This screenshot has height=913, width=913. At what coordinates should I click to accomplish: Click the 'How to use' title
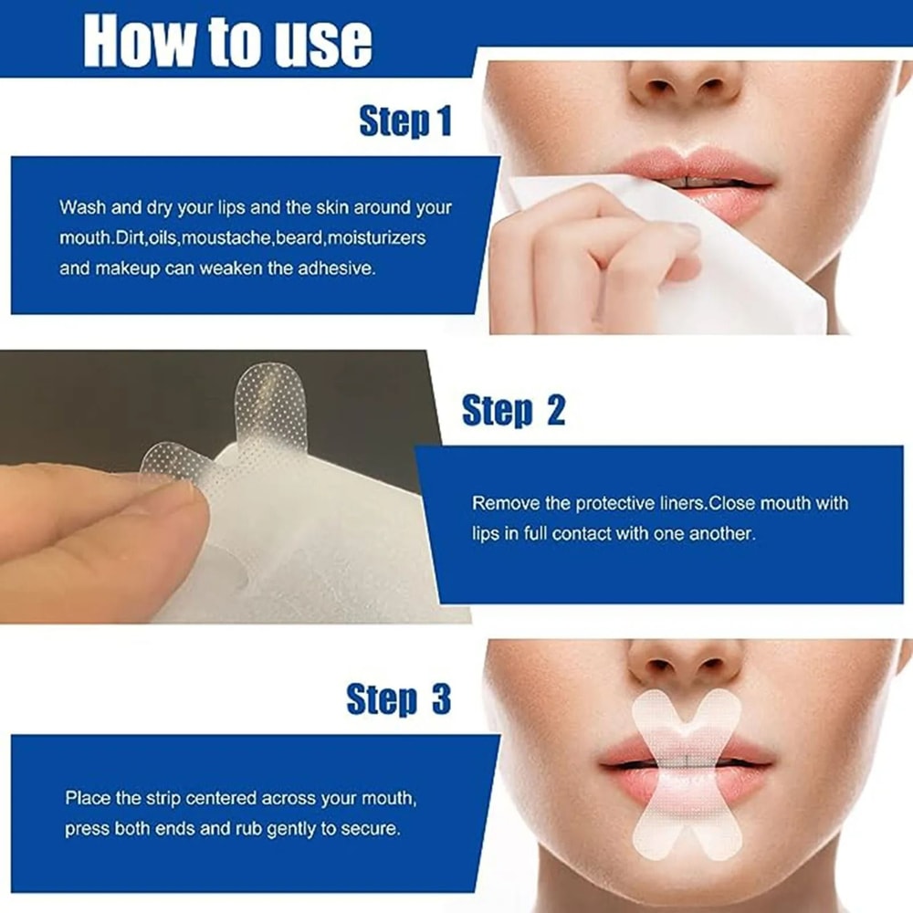pos(227,40)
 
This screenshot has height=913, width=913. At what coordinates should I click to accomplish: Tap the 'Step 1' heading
pos(405,121)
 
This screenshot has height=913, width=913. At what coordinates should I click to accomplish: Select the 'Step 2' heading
pos(513,411)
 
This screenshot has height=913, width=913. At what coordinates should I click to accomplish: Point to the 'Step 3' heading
pos(399,700)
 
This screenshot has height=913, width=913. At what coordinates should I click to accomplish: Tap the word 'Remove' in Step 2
pos(499,503)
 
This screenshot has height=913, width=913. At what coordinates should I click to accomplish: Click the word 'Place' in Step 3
pos(85,798)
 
